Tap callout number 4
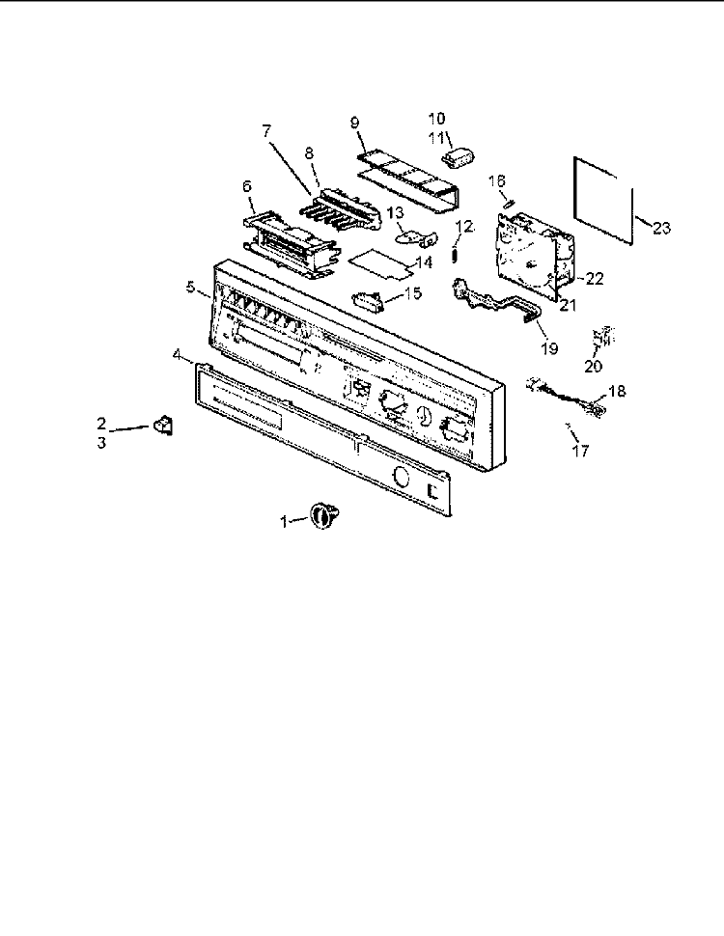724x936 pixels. tap(177, 354)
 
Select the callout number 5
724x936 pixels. tap(190, 287)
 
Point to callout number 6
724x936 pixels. tap(247, 186)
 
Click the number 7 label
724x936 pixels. tap(266, 131)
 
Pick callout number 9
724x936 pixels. tap(355, 123)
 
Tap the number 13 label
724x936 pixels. tap(395, 213)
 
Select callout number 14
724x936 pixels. tap(424, 262)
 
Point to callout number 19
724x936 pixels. tap(549, 348)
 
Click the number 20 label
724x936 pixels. tap(593, 366)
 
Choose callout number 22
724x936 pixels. tap(595, 278)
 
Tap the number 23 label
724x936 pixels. tap(661, 228)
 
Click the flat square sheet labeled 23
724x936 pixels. tap(602, 201)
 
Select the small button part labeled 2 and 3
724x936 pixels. tap(162, 425)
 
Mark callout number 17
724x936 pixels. tap(580, 451)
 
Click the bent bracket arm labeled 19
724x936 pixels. tap(496, 300)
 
